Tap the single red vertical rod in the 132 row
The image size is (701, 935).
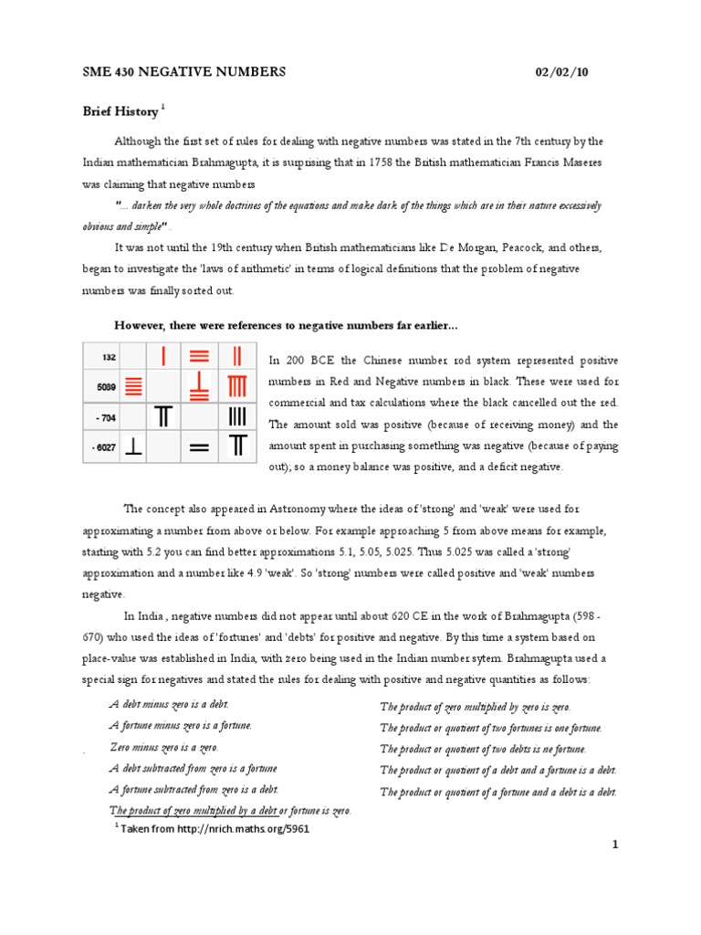tap(162, 357)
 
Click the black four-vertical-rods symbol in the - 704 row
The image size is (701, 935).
tap(237, 417)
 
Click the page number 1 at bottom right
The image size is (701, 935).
tap(615, 846)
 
